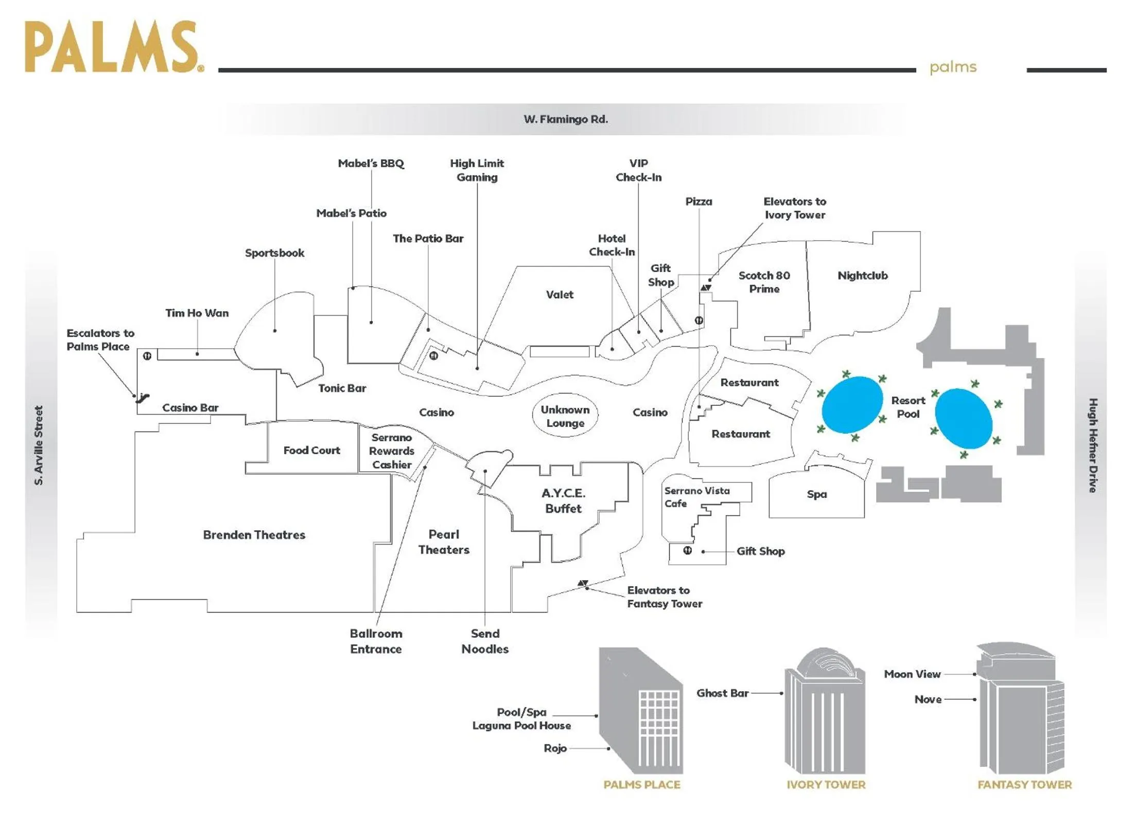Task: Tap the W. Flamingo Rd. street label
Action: point(565,119)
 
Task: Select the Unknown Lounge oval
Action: point(565,416)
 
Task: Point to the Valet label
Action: point(559,295)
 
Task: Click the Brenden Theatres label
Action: point(254,535)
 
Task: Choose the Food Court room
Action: point(311,450)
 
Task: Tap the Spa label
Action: point(816,494)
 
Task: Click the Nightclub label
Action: point(862,276)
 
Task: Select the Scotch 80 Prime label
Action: point(764,282)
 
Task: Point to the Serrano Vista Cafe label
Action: point(696,497)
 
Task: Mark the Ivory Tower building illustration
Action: point(825,712)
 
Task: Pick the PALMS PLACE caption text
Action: point(641,784)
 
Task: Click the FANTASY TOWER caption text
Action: point(1024,784)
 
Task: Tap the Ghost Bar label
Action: point(722,693)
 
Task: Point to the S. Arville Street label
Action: point(39,445)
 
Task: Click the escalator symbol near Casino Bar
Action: point(143,397)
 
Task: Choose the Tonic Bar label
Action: point(342,388)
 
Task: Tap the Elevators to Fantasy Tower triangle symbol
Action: point(583,583)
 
